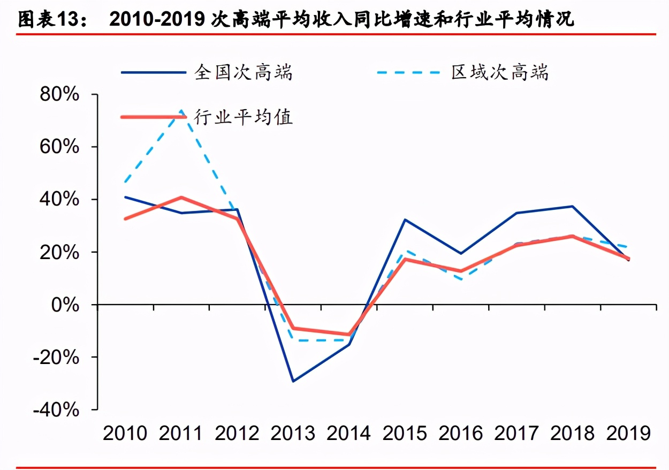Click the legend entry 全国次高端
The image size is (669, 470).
pyautogui.click(x=244, y=72)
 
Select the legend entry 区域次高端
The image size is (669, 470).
pyautogui.click(x=499, y=72)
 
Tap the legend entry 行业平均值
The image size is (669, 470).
pyautogui.click(x=244, y=117)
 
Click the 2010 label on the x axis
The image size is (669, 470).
pyautogui.click(x=125, y=433)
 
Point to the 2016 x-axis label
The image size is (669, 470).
pyautogui.click(x=460, y=433)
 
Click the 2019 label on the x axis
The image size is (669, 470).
pyautogui.click(x=628, y=433)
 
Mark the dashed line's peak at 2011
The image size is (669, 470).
pyautogui.click(x=181, y=111)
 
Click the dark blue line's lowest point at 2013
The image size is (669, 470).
pyautogui.click(x=293, y=381)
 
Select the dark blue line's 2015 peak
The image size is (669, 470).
pyautogui.click(x=405, y=219)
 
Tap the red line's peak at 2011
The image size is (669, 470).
pyautogui.click(x=181, y=198)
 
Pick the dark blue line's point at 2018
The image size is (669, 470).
pyautogui.click(x=573, y=206)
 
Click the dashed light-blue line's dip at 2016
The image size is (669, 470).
pyautogui.click(x=461, y=279)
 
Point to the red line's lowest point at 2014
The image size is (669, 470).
pyautogui.click(x=349, y=335)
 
